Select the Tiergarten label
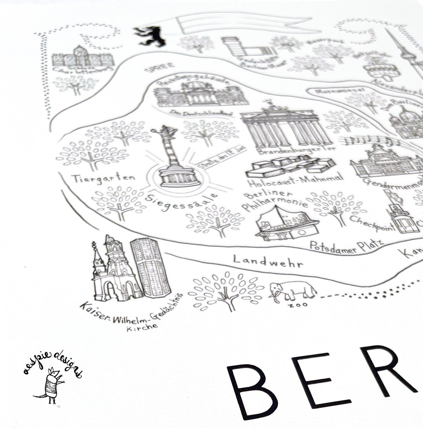tap(103, 179)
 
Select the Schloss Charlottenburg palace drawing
tap(83, 58)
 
